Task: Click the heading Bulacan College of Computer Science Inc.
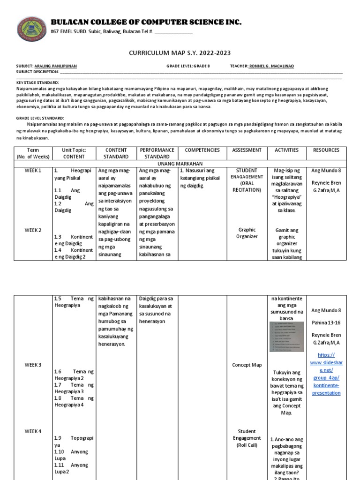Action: tap(146, 22)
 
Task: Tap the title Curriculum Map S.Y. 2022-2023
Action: tap(180, 53)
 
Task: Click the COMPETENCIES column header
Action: tap(202, 150)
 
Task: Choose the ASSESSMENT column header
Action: tap(247, 150)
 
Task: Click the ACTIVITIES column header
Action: tap(287, 150)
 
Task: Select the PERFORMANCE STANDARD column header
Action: tap(157, 153)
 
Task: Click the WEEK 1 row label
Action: tap(33, 171)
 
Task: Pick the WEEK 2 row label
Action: tap(33, 230)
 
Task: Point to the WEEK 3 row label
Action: tap(33, 365)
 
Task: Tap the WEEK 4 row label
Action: tap(33, 431)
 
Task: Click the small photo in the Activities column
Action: tap(286, 337)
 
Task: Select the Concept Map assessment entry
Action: tap(247, 365)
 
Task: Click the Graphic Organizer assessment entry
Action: tap(247, 233)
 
